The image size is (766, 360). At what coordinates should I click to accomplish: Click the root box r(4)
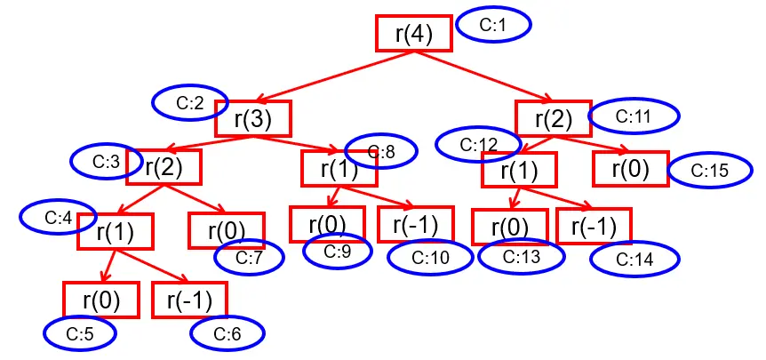coord(413,34)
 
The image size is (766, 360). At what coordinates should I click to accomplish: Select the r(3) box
coord(252,119)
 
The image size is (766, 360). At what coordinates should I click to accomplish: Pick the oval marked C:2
coord(189,103)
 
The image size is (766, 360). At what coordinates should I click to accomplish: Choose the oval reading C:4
coord(58,216)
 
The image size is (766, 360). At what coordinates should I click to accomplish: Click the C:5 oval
coord(81,334)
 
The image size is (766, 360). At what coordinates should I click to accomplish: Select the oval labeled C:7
coord(248,258)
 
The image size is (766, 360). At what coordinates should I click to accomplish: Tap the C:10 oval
coord(425,258)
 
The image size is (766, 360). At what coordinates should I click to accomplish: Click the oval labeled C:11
coord(634,116)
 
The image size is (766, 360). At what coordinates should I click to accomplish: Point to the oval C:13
coord(522,257)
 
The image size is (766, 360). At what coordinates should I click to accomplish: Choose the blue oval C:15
coord(709,171)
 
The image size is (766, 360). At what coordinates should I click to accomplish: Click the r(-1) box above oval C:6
coord(190,300)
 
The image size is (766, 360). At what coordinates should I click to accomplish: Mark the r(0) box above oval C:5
coord(100,300)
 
